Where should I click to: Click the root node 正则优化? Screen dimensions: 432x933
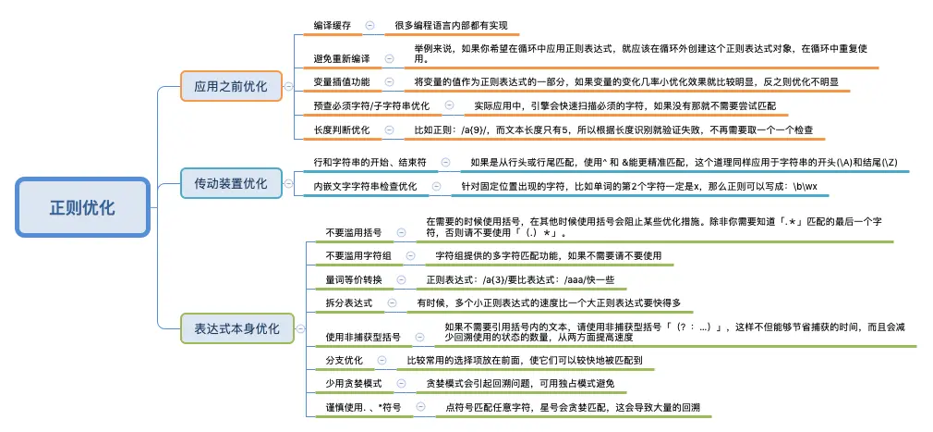82,207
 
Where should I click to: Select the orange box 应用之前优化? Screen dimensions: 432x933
230,87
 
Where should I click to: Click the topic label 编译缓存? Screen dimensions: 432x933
333,25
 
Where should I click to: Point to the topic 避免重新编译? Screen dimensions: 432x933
342,57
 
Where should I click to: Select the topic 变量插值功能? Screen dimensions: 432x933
342,81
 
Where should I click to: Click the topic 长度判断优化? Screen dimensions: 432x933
342,130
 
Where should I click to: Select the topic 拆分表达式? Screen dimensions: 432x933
348,303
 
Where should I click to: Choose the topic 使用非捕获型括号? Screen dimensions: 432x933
363,337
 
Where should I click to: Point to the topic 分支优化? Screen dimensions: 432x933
344,359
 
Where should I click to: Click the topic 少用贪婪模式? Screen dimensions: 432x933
353,383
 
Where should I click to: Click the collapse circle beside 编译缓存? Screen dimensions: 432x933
370,25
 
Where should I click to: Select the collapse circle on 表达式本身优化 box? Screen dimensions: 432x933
298,328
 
